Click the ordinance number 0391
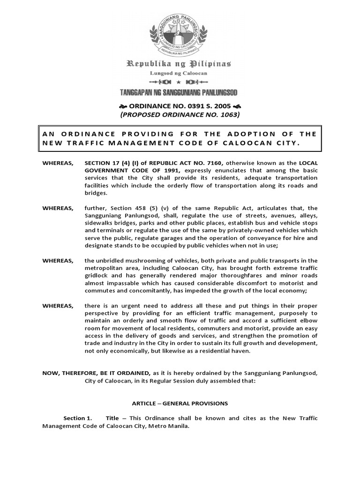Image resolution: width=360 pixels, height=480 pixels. click(197, 106)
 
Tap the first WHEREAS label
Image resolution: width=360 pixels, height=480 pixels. click(58, 162)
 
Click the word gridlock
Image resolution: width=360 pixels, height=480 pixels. click(96, 276)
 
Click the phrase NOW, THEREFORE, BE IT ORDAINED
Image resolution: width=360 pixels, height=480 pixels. click(96, 373)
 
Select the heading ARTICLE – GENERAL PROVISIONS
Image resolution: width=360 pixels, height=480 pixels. click(180, 403)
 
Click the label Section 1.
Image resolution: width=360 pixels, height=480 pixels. click(78, 418)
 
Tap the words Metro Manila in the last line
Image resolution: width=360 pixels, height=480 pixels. click(167, 426)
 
